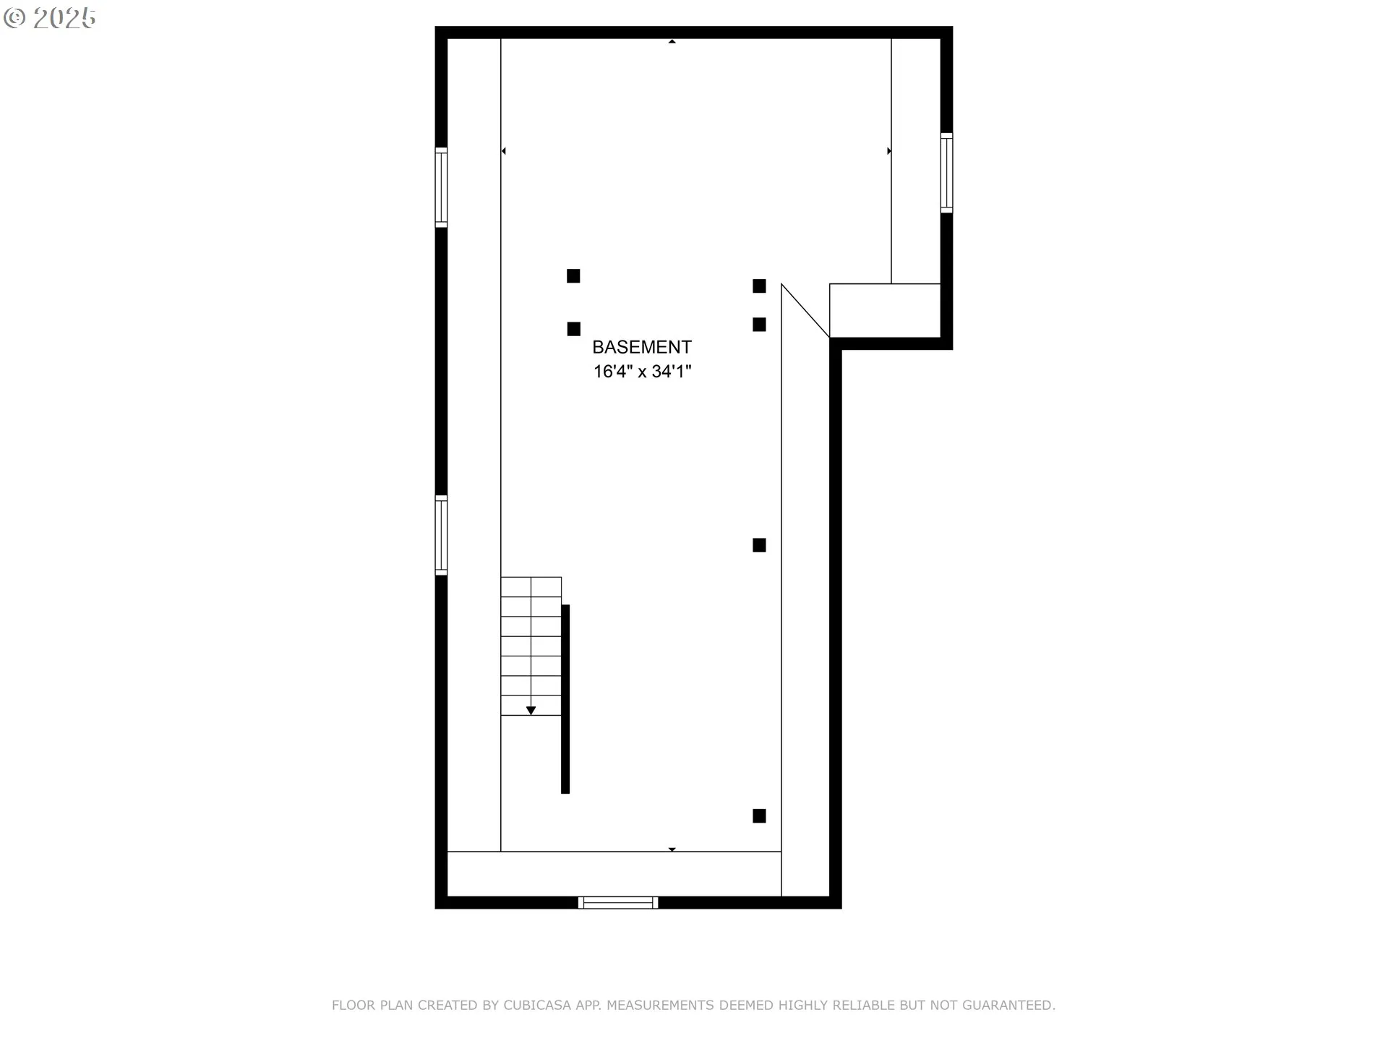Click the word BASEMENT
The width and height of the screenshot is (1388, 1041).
642,347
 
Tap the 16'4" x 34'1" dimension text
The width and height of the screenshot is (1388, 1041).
643,372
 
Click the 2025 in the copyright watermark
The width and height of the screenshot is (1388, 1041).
64,18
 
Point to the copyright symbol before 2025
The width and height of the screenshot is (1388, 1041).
14,18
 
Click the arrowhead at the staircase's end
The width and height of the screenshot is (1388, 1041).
531,711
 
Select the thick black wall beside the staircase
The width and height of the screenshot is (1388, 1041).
565,699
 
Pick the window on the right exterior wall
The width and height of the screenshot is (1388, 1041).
946,173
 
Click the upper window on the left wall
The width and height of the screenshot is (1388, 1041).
441,187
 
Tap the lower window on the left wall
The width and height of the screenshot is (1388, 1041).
441,536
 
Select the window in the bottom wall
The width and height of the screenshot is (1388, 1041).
618,902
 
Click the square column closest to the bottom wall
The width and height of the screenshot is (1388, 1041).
759,816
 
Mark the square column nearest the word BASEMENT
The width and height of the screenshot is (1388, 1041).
574,329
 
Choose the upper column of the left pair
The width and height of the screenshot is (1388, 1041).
573,276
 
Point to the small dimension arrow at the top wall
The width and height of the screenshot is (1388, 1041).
672,42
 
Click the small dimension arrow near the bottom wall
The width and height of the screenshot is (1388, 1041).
672,849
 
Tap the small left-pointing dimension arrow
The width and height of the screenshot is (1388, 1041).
503,151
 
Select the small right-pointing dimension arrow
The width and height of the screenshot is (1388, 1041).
889,151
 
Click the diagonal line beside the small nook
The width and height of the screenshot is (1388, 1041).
805,311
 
